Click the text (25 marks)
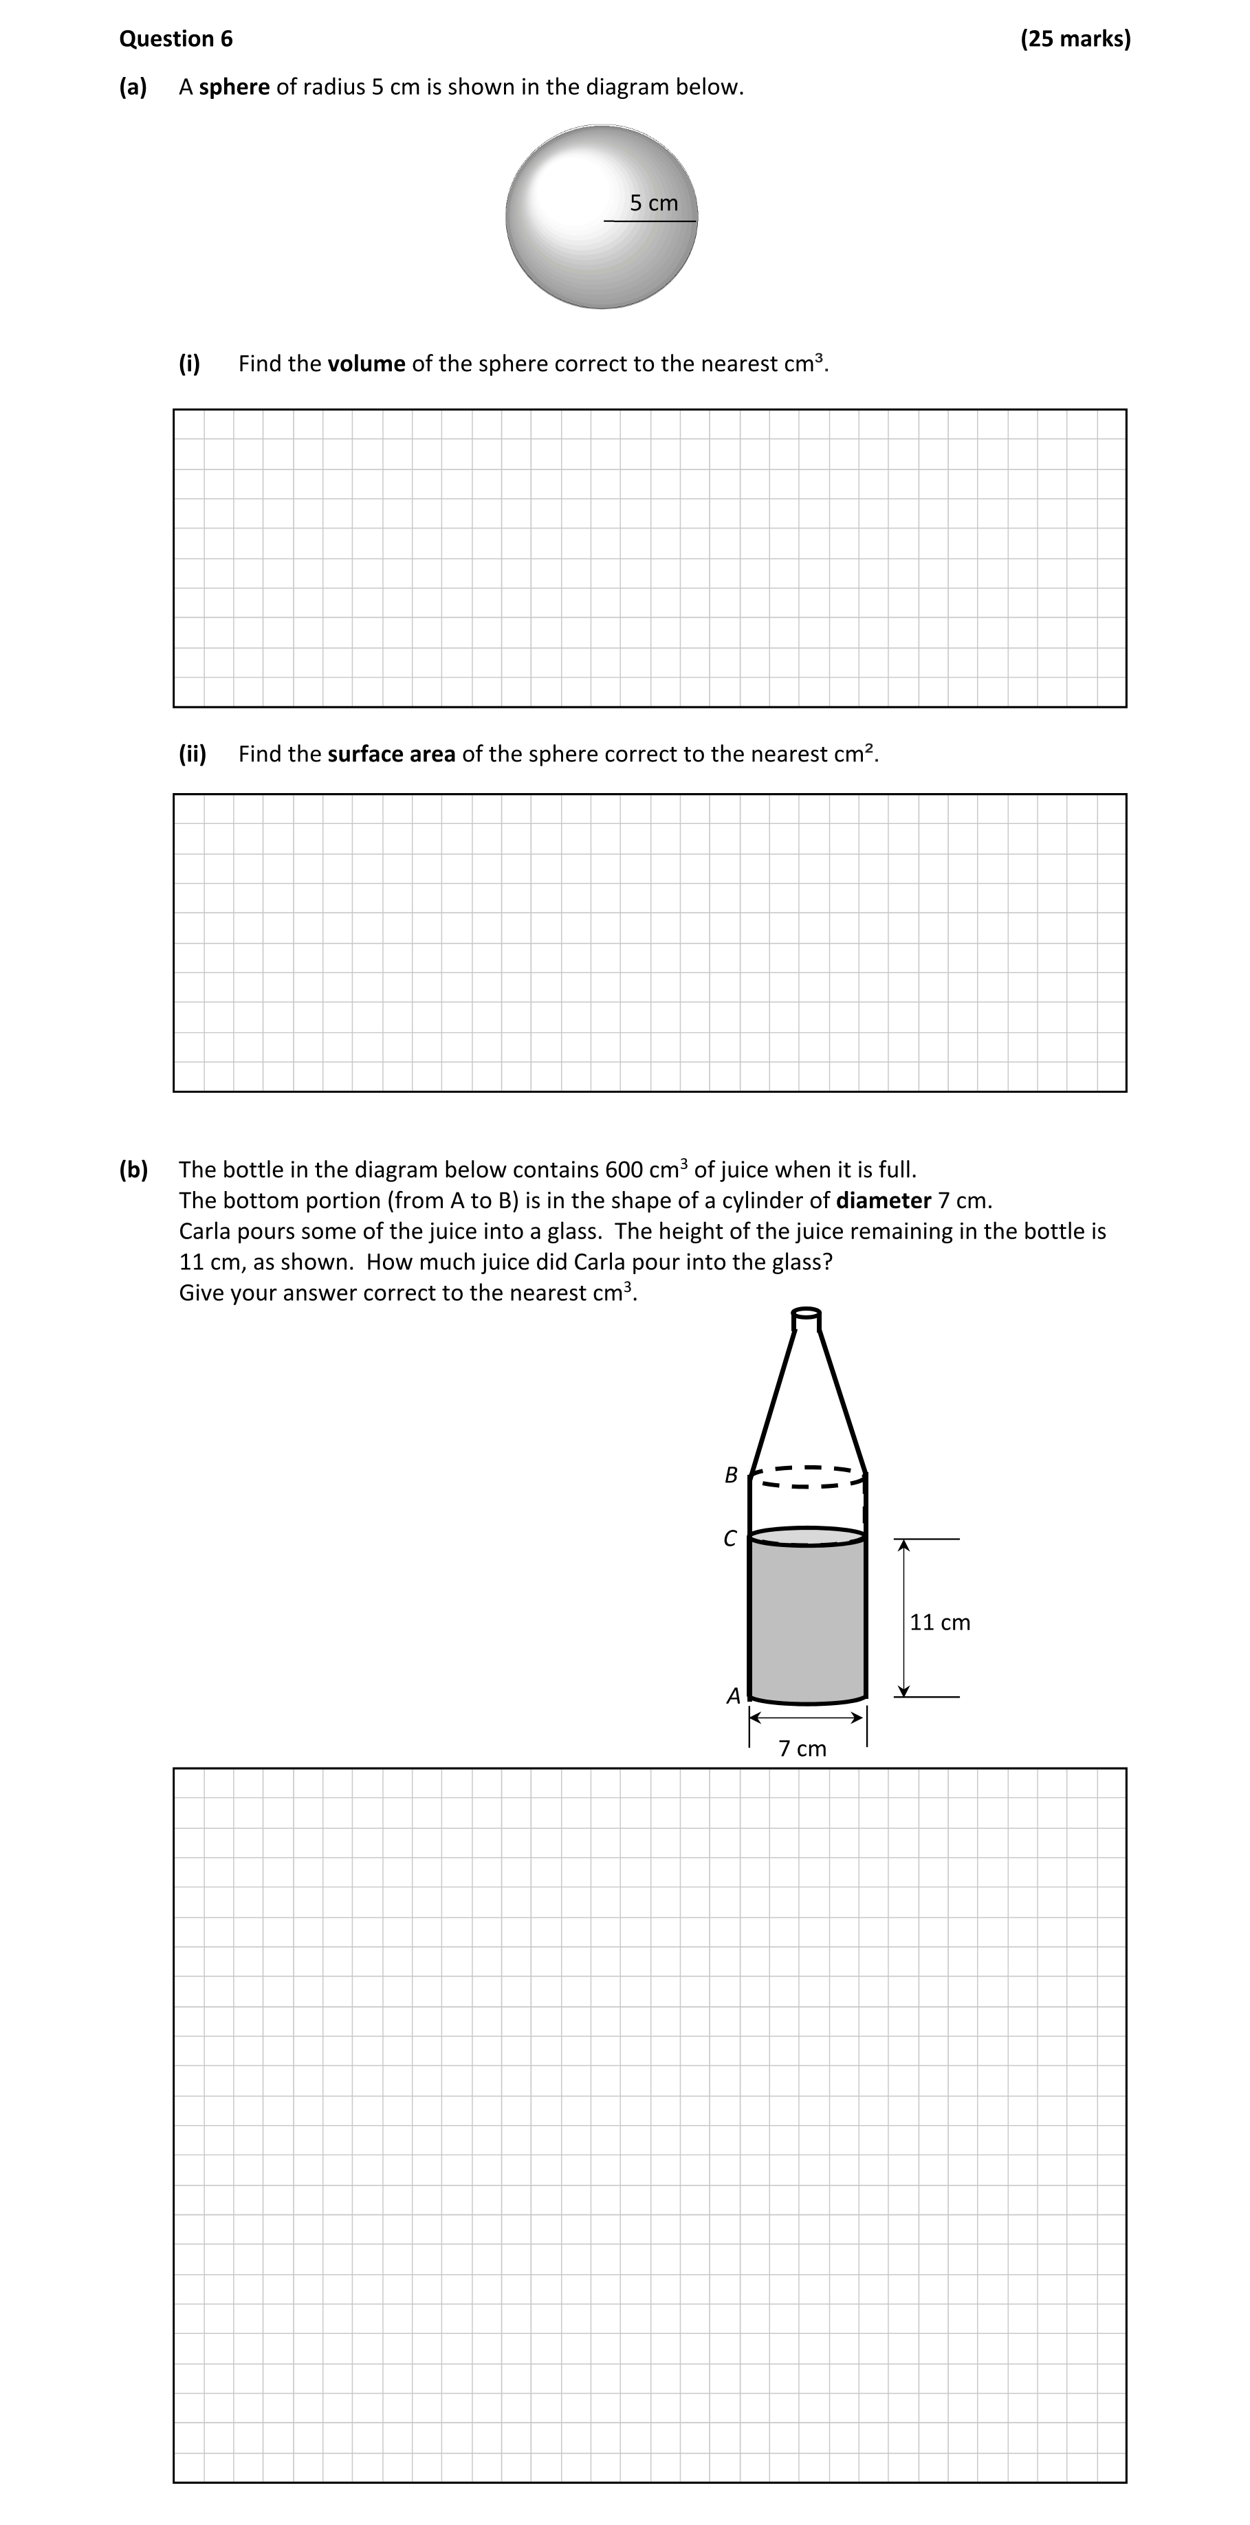click(x=1075, y=39)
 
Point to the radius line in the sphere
click(x=649, y=221)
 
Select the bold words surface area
click(x=391, y=754)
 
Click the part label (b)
click(x=133, y=1170)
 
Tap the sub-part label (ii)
click(x=192, y=754)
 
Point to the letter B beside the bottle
click(x=730, y=1474)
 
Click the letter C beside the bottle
click(x=730, y=1539)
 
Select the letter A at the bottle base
click(x=732, y=1695)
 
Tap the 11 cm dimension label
click(x=939, y=1622)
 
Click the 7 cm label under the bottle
click(x=802, y=1748)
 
